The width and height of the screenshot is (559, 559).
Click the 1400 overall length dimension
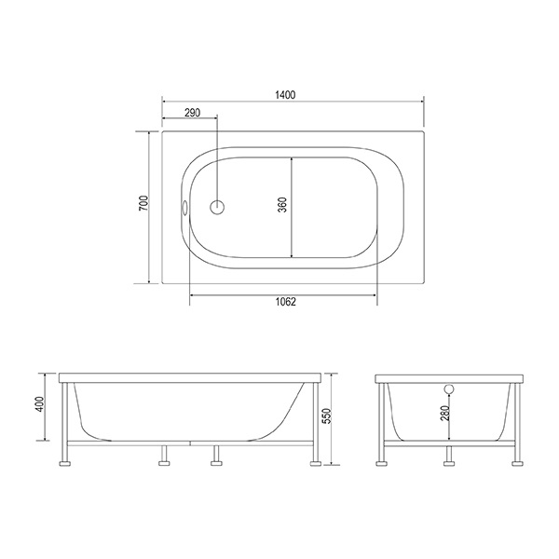[285, 95]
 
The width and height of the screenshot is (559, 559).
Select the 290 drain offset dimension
[192, 113]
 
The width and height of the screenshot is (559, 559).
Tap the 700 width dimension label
[143, 203]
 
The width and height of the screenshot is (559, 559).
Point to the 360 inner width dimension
[282, 205]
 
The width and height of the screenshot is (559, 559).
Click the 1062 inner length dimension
[286, 302]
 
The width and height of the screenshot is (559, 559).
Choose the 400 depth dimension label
[40, 404]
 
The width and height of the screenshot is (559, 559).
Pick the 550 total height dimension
[327, 416]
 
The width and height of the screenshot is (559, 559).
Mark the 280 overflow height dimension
[444, 413]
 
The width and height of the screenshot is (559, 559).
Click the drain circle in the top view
[217, 207]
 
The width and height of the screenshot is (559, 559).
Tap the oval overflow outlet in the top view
[185, 208]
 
